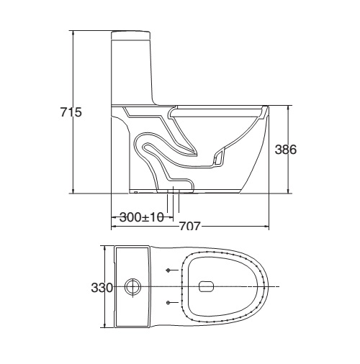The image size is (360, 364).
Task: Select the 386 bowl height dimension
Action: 287,150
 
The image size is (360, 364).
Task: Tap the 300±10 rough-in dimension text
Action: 142,217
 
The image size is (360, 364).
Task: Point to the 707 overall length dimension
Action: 189,226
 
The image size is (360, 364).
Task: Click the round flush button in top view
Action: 132,287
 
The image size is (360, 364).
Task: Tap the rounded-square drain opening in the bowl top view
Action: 204,287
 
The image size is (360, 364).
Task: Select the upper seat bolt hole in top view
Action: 168,270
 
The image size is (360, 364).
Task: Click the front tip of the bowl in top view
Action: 271,287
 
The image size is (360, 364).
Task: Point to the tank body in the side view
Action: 133,68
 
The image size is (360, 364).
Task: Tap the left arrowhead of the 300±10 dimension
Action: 114,217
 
